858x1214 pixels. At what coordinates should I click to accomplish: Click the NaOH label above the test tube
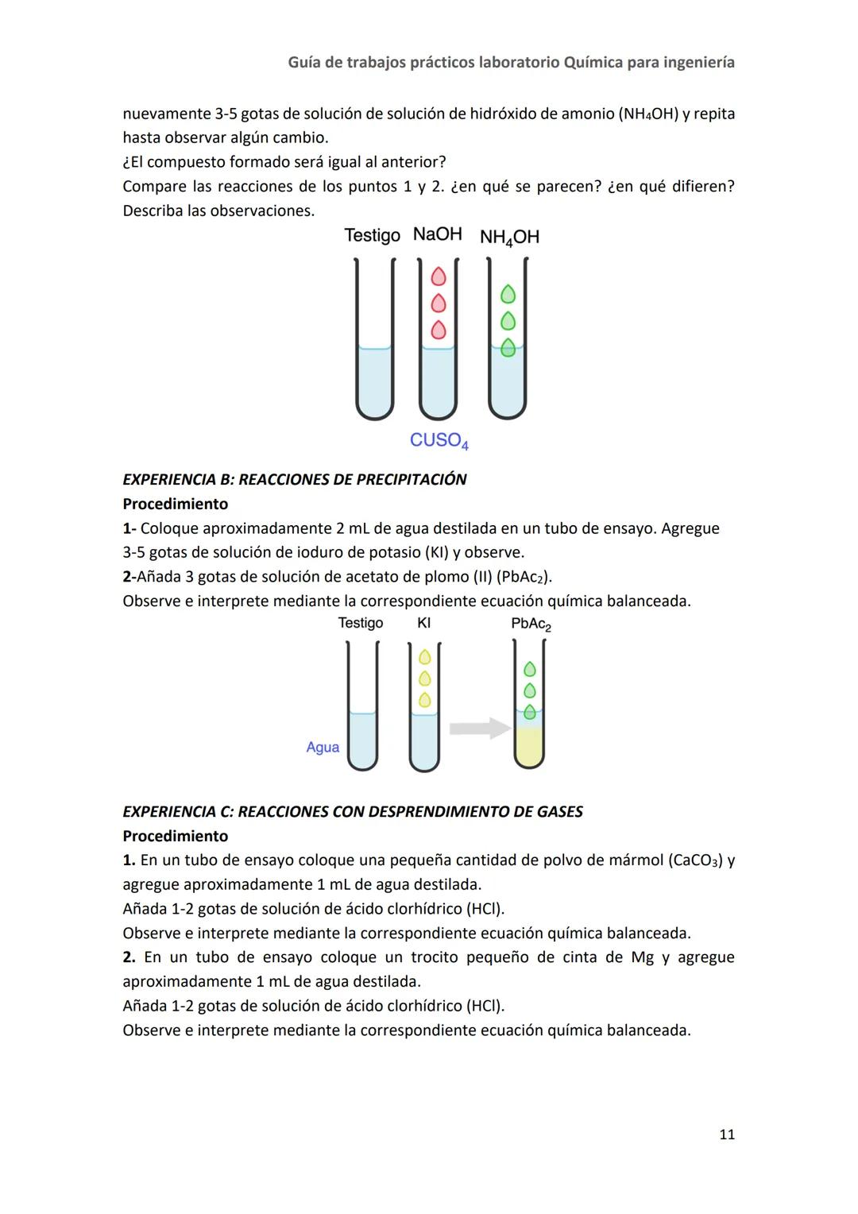point(437,234)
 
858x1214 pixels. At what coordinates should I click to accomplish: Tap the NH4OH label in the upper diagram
point(509,237)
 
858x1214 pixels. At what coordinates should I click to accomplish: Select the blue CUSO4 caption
point(439,440)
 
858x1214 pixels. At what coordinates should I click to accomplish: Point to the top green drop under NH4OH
point(508,295)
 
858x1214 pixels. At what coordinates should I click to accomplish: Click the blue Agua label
point(323,747)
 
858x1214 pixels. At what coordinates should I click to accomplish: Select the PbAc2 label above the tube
point(531,624)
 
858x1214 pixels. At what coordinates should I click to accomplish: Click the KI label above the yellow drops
point(424,623)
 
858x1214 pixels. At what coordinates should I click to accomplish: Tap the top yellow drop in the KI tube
point(424,657)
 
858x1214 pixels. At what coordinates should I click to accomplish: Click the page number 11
point(726,1135)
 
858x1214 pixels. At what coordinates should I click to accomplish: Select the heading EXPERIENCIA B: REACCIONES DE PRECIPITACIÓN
point(294,479)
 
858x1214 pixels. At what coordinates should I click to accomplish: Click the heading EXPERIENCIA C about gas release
point(352,811)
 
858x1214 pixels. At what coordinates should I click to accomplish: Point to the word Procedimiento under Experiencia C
point(175,836)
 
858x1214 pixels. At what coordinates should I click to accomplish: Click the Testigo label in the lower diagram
point(360,623)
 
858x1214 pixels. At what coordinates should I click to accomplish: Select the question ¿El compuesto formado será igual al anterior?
point(284,162)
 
